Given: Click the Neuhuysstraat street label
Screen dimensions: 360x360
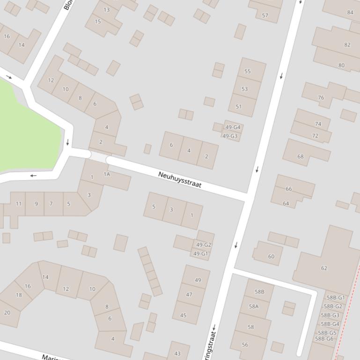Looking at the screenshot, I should pos(180,180).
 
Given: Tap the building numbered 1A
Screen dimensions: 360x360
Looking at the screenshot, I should pos(107,174).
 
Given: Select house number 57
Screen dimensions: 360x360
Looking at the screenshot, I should pos(265,15).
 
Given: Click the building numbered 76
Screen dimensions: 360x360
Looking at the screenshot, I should pos(321,98).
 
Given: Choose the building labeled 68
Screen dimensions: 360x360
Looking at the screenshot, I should pos(301,157).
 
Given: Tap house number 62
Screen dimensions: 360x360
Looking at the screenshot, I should pos(324,268).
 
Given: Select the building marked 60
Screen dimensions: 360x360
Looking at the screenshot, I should pos(271,256).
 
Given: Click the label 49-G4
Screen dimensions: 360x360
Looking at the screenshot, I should pos(233,127).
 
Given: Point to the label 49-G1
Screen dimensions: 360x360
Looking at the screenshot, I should pos(201,254).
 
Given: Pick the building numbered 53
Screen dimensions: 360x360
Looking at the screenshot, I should pos(244,89).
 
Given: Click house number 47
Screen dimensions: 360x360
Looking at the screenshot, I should pos(189,295).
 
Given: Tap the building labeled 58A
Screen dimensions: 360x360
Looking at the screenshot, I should pos(254,306).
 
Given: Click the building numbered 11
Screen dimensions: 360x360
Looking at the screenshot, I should pos(18,203).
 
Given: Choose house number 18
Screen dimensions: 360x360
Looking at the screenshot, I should pos(19,295).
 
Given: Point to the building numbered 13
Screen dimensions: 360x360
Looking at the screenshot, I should pos(107,10).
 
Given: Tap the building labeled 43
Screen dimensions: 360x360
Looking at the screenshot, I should pos(177,353).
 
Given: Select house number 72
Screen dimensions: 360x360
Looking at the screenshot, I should pos(315,136).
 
